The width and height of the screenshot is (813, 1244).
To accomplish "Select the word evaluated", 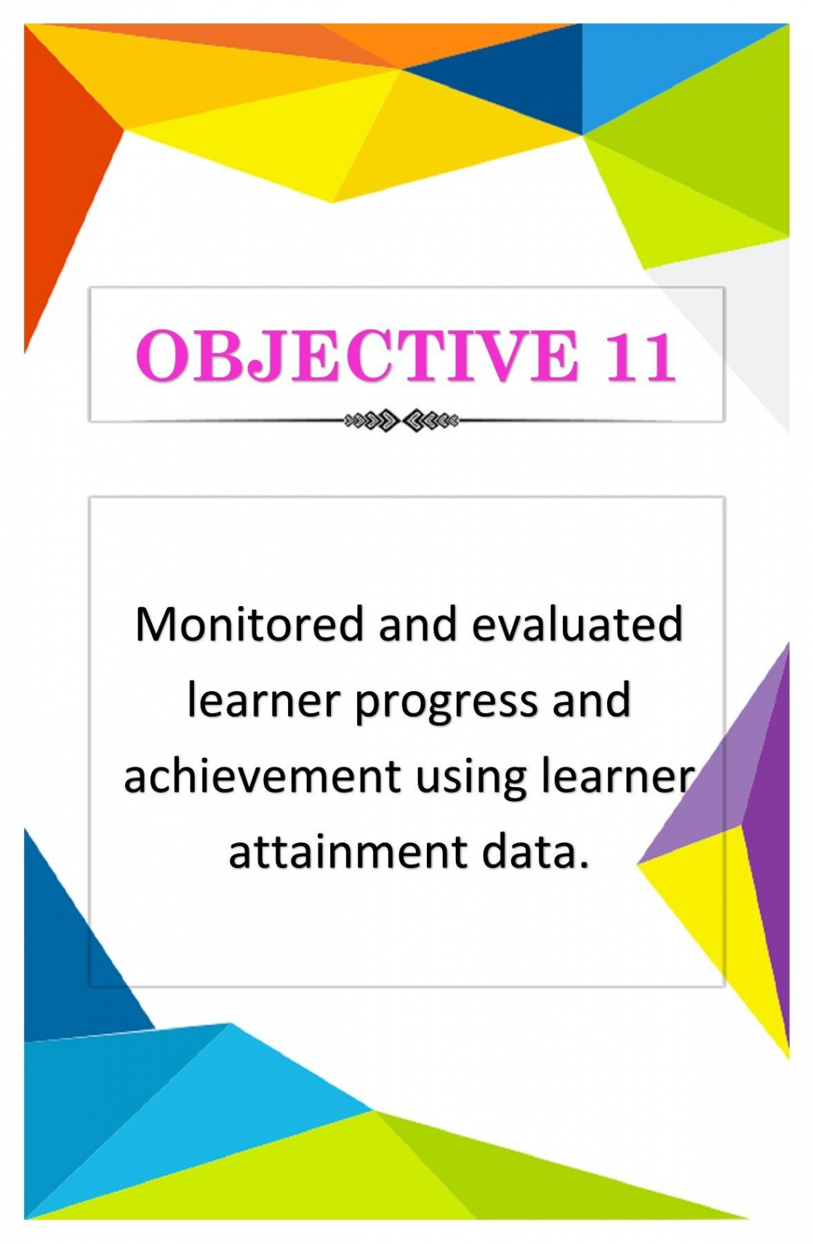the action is (x=577, y=624).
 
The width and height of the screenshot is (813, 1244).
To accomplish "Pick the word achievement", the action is (x=262, y=775).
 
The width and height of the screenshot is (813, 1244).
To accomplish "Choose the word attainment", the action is (x=348, y=851).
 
